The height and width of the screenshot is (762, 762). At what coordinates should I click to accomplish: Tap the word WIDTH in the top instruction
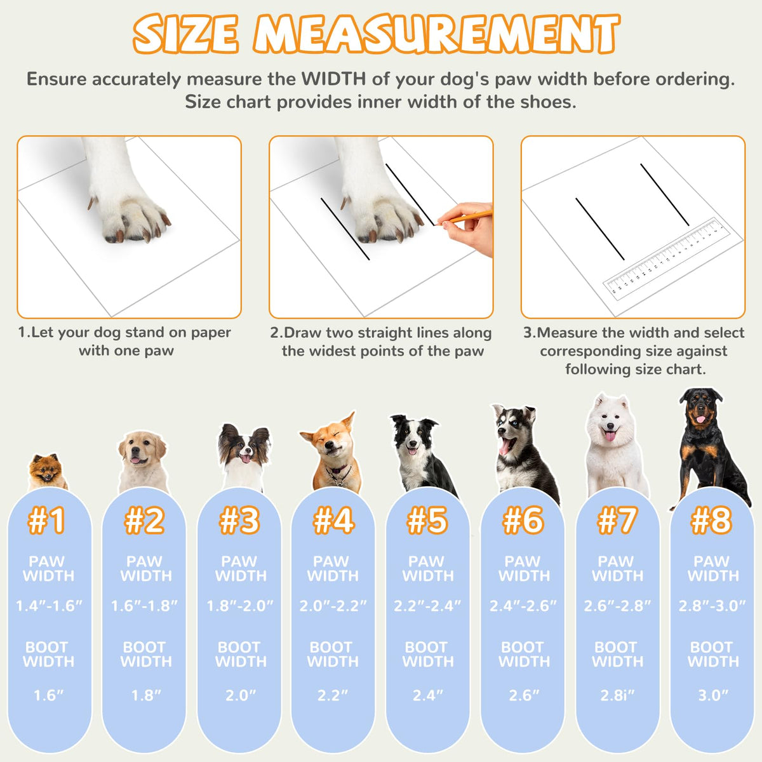(333, 79)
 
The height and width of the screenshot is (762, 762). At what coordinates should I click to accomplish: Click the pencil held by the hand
(464, 218)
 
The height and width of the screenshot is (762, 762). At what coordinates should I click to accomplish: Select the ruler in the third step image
(667, 257)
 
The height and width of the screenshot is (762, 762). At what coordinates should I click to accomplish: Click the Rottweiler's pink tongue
(700, 419)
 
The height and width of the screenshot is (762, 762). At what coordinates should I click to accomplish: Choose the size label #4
(333, 521)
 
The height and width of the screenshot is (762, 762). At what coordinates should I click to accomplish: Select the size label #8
(711, 521)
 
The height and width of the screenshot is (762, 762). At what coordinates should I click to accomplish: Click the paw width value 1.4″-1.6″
(49, 606)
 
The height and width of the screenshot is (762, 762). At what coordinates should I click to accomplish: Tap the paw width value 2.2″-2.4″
(427, 606)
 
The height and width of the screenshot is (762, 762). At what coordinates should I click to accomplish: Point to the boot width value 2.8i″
(617, 695)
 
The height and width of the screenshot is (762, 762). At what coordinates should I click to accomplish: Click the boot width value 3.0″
(713, 695)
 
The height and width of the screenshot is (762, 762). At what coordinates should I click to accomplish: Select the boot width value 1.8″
(146, 695)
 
